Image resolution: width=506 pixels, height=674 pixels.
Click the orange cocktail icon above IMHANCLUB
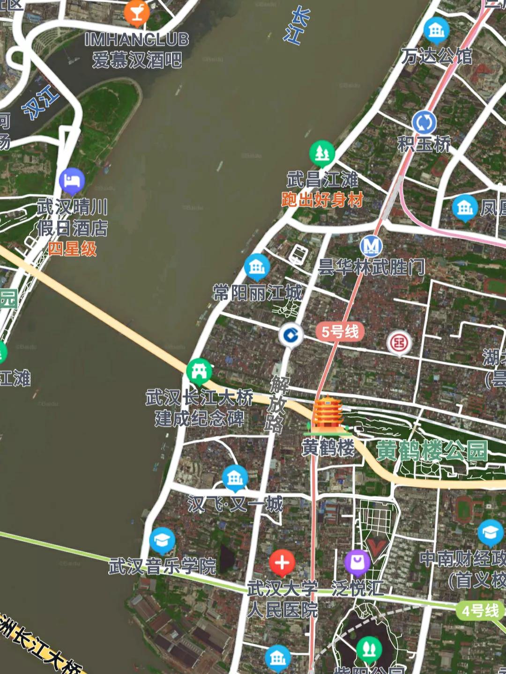[137, 14]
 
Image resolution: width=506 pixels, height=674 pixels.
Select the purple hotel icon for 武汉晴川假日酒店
[72, 181]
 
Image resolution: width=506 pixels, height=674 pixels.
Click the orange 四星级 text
[72, 249]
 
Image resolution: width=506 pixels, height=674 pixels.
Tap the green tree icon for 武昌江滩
[322, 153]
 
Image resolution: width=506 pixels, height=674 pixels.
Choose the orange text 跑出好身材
[322, 200]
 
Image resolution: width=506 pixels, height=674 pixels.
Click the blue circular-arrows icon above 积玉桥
[424, 123]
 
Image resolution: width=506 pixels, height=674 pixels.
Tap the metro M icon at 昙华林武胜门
[371, 246]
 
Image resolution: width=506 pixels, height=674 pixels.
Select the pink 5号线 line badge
[340, 332]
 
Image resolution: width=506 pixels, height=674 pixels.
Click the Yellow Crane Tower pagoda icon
[327, 414]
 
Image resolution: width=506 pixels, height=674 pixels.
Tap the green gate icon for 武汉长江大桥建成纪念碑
[199, 372]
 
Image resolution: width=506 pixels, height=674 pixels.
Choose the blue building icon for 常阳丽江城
[257, 267]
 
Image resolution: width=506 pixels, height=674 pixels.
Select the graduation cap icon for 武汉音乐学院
[162, 541]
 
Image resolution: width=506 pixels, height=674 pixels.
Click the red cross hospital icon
[282, 563]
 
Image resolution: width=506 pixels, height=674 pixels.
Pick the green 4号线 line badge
[480, 611]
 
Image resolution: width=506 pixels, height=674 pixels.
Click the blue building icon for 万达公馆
[436, 30]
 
